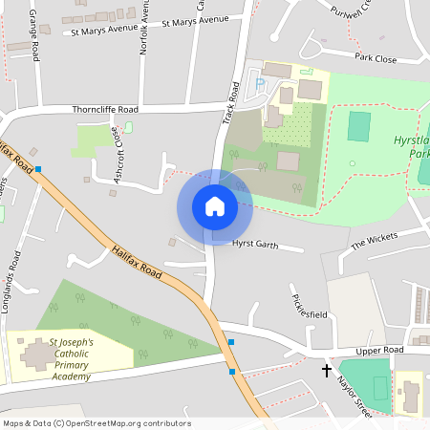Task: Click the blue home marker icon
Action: coord(214,206)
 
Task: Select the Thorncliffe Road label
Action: coord(105,109)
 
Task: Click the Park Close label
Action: coord(375,58)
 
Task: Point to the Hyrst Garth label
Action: coord(254,245)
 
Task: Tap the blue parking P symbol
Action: coord(260,84)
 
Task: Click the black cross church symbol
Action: coord(327,369)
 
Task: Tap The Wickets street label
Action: coord(373,241)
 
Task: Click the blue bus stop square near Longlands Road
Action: coord(39,169)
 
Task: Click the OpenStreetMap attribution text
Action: coord(96,423)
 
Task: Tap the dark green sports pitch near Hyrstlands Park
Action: coord(359,126)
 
